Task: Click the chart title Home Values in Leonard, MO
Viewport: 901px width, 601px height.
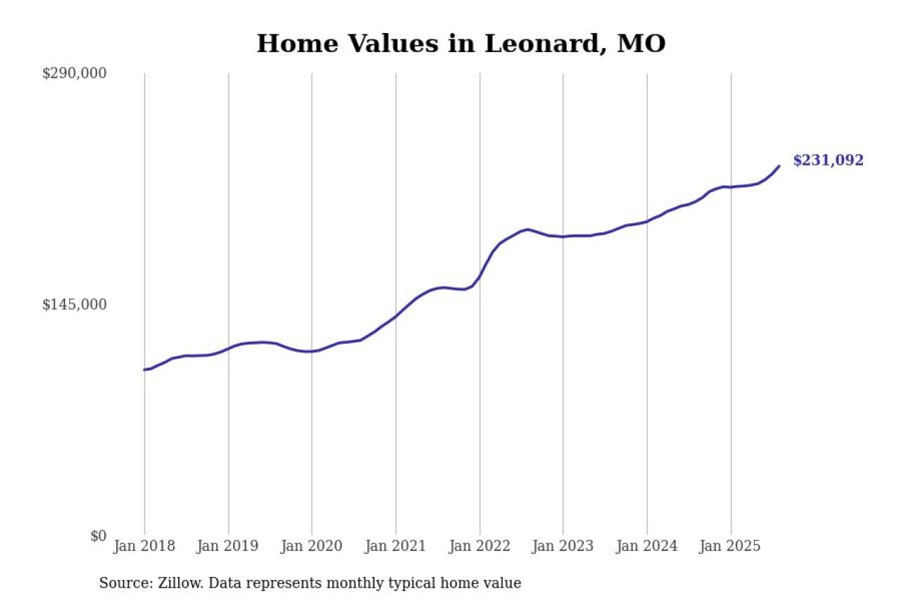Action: (x=460, y=44)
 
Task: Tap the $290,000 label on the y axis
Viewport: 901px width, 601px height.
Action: (x=74, y=73)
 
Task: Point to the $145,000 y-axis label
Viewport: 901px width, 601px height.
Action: (x=74, y=304)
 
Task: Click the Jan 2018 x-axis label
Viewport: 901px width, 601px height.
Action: (x=144, y=546)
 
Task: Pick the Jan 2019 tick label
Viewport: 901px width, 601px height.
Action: (x=228, y=546)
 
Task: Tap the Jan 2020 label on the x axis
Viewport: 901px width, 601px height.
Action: (x=312, y=546)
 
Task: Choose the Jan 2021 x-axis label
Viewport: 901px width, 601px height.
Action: (x=396, y=546)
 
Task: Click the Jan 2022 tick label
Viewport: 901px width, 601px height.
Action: (x=479, y=546)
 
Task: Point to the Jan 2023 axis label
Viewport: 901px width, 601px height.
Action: (x=563, y=546)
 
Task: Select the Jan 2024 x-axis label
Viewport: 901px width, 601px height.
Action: (x=647, y=546)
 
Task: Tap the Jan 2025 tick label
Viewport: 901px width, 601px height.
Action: (x=731, y=546)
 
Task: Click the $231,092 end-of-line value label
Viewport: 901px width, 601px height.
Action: (x=828, y=161)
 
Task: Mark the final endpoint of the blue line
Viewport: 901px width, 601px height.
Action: (x=779, y=166)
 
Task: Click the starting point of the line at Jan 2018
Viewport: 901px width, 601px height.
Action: (x=144, y=369)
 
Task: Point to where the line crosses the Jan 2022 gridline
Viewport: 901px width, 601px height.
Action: (x=479, y=277)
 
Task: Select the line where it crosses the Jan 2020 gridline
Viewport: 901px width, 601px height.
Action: (x=312, y=351)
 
